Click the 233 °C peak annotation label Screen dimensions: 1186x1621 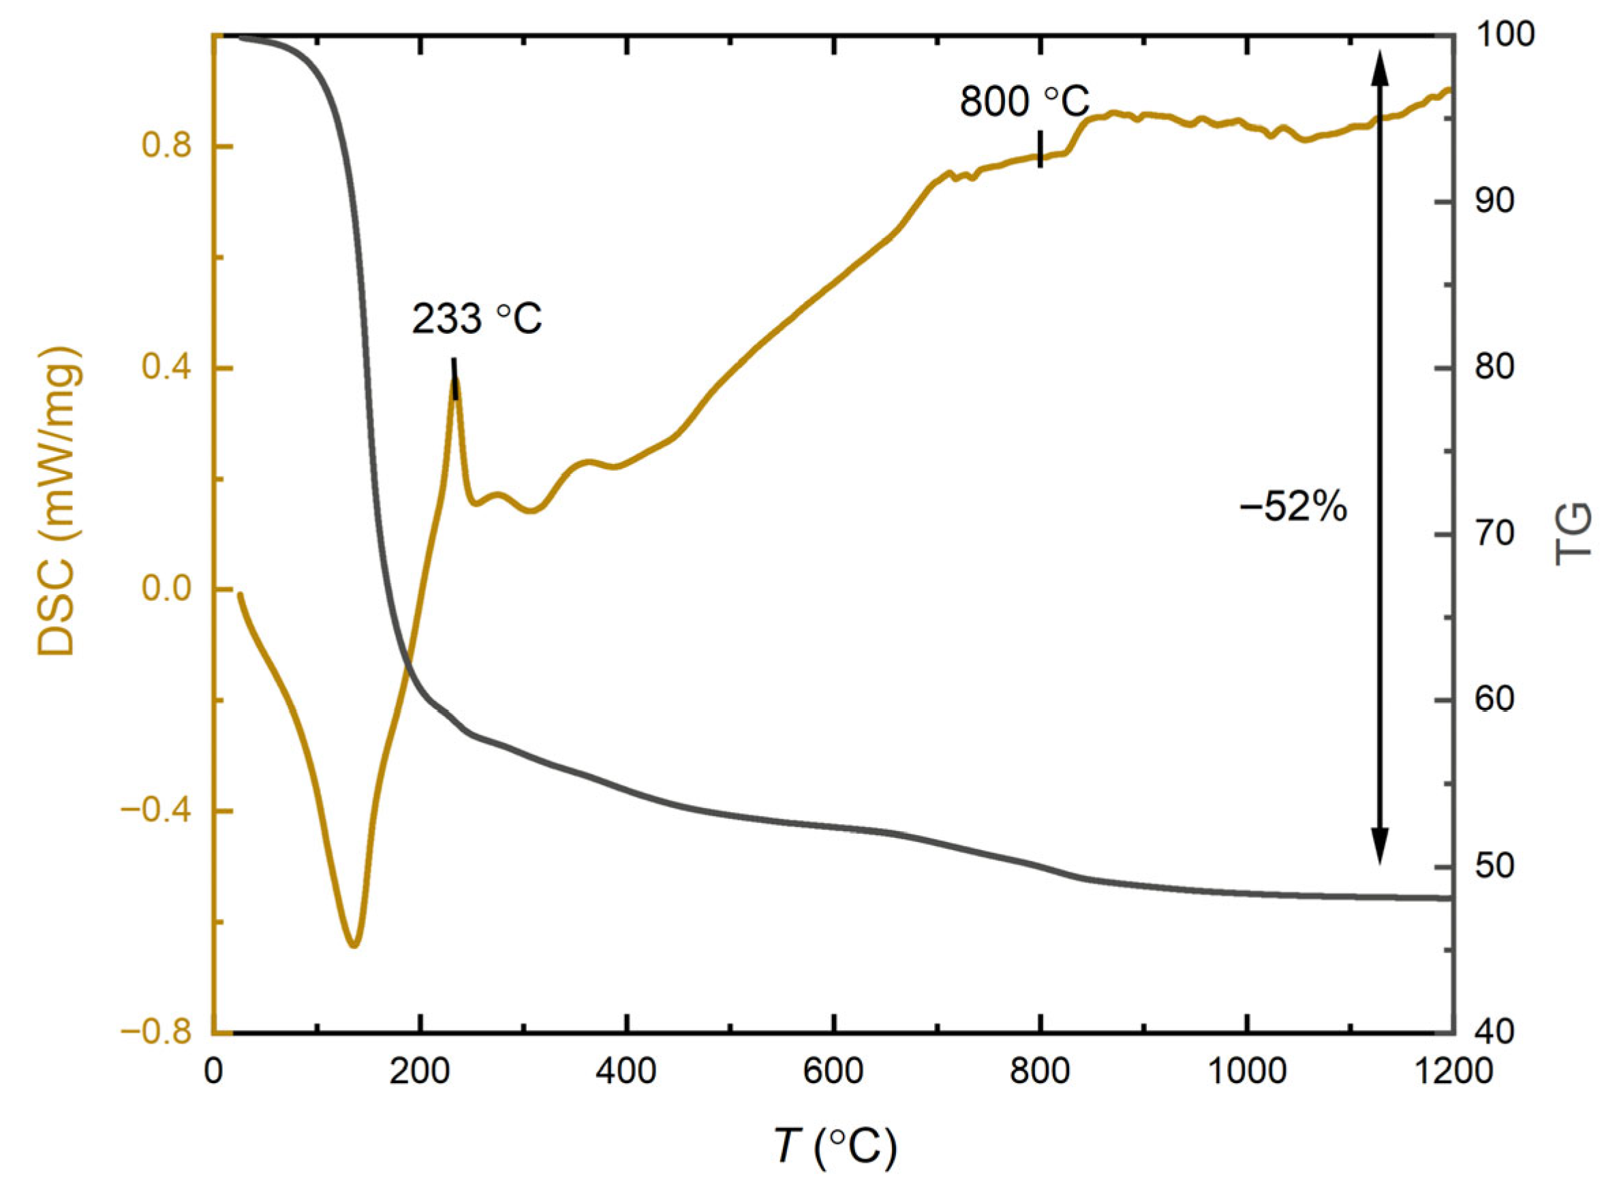477,320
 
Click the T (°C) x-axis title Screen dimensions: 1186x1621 835,1146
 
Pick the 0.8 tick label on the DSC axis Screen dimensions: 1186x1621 166,146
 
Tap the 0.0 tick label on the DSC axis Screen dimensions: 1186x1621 166,590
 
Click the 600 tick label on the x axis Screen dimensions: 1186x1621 833,1072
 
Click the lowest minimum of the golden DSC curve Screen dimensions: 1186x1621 353,945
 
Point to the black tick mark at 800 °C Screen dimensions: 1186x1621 1040,149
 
